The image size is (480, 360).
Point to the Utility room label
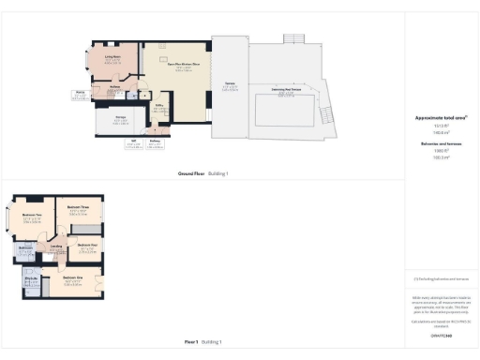point(160,107)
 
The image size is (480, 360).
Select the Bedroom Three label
point(79,208)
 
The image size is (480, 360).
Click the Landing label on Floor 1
point(56,247)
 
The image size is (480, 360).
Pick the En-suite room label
point(30,277)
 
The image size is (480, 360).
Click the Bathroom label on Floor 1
point(25,247)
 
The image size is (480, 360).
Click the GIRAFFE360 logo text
point(440,335)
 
